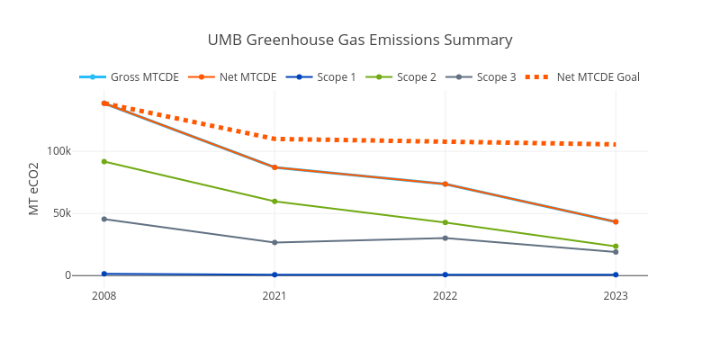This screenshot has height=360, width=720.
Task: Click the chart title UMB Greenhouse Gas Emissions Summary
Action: [x=360, y=40]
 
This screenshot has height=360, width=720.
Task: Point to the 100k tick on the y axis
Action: [x=59, y=151]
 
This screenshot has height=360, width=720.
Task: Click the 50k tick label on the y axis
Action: [x=62, y=213]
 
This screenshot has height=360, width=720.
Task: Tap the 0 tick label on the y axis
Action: [x=67, y=275]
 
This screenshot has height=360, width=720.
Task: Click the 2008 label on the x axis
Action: [x=104, y=295]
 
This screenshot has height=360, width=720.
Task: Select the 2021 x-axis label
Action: [x=274, y=295]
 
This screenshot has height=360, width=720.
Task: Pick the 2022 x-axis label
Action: [x=445, y=295]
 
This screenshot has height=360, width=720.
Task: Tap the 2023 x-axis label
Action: [x=616, y=295]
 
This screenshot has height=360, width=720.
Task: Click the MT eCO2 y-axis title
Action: [x=33, y=189]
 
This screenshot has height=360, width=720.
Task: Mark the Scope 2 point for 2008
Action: [x=104, y=161]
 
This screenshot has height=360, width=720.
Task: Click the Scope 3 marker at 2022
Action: [x=445, y=238]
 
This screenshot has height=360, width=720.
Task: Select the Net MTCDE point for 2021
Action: [x=274, y=167]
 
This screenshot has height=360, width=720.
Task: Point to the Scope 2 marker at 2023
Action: [x=616, y=247]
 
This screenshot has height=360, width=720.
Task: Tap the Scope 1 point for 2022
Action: [x=445, y=274]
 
